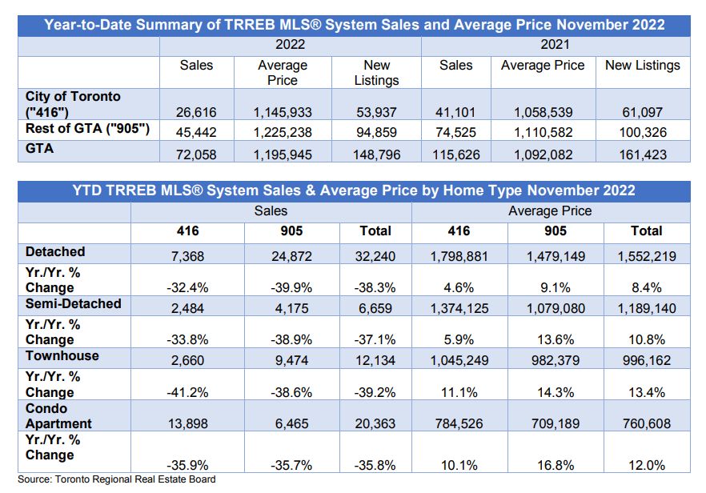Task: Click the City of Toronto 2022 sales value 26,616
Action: pyautogui.click(x=196, y=112)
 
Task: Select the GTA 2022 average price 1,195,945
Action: pyautogui.click(x=283, y=155)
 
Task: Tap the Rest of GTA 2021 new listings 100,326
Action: pyautogui.click(x=643, y=132)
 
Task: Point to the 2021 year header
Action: pyautogui.click(x=556, y=45)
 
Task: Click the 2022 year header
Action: pyautogui.click(x=290, y=45)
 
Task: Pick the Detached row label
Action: pyautogui.click(x=55, y=251)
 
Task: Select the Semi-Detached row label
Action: pyautogui.click(x=74, y=304)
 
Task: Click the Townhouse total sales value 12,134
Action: pyautogui.click(x=375, y=361)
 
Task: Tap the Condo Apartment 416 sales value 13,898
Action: pyautogui.click(x=188, y=423)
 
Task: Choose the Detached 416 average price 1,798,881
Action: pyautogui.click(x=459, y=257)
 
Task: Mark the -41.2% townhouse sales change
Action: pyautogui.click(x=188, y=393)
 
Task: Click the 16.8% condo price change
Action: pyautogui.click(x=556, y=465)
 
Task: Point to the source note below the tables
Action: pyautogui.click(x=117, y=479)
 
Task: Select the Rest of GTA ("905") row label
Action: pyautogui.click(x=87, y=129)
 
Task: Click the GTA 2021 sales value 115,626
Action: pyautogui.click(x=456, y=155)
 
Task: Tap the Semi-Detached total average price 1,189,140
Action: pyautogui.click(x=647, y=308)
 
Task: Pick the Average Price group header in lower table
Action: pyautogui.click(x=550, y=211)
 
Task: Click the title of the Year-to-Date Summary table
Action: pyautogui.click(x=354, y=25)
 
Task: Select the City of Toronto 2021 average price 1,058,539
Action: pyautogui.click(x=544, y=112)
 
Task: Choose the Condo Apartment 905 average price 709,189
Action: pyautogui.click(x=556, y=423)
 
